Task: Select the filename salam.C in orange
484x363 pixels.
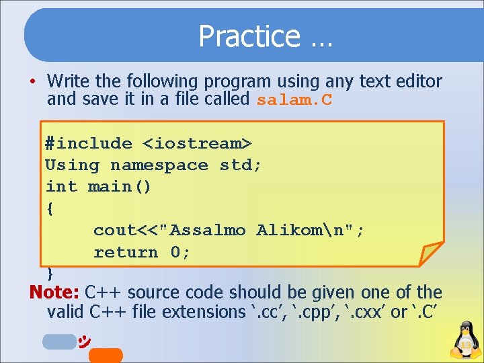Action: pos(294,101)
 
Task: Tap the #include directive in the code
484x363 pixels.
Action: pos(88,143)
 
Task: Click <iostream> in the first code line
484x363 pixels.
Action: pos(197,143)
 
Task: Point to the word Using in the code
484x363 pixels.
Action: pos(72,165)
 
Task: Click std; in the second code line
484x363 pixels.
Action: pos(241,165)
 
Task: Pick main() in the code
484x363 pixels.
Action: pos(120,187)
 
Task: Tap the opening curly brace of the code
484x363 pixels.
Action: pos(50,208)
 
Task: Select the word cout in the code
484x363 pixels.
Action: pos(114,231)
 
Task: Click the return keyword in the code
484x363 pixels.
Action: pos(126,252)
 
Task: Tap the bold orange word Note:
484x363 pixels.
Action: pos(54,293)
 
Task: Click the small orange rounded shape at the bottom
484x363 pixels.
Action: pos(106,356)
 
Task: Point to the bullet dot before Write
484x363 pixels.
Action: pos(32,83)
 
